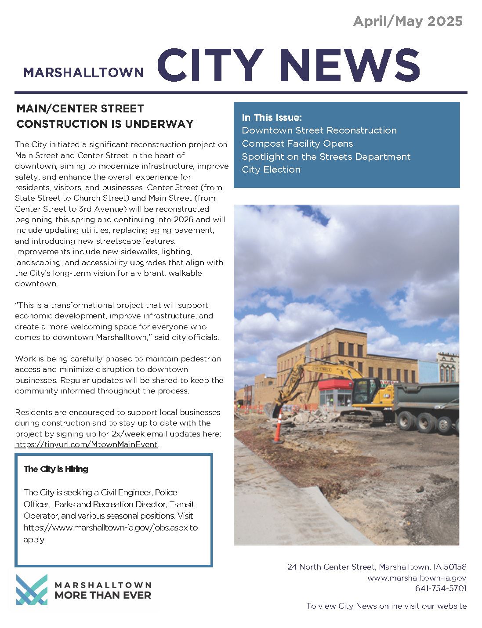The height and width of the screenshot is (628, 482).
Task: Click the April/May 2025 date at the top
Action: (x=407, y=21)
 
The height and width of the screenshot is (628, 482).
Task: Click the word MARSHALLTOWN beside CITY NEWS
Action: (x=83, y=72)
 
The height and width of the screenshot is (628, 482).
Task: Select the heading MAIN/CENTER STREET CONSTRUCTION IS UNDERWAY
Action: (x=105, y=116)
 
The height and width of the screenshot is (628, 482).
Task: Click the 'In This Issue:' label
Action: (x=272, y=117)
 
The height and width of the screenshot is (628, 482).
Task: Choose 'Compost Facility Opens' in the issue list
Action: (x=297, y=144)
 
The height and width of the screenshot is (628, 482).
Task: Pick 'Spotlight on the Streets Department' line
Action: (x=326, y=157)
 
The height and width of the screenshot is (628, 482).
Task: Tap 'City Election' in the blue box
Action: (x=271, y=170)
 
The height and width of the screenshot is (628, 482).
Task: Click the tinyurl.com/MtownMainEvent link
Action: (x=86, y=444)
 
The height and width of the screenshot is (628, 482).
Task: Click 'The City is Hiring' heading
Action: (x=56, y=469)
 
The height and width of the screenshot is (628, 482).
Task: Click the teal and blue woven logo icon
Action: (x=31, y=589)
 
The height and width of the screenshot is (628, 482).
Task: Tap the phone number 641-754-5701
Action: (x=440, y=588)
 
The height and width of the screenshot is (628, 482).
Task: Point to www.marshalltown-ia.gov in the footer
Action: (x=417, y=578)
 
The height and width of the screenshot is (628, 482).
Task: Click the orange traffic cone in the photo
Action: (x=277, y=428)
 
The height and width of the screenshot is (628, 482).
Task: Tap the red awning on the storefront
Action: (x=336, y=386)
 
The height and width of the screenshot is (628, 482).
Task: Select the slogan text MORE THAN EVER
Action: (x=103, y=596)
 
